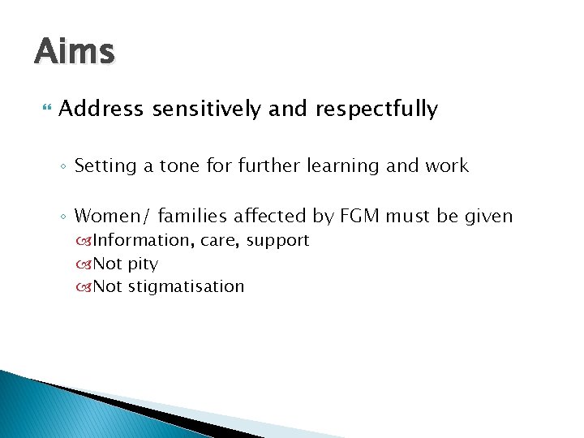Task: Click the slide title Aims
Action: click(75, 51)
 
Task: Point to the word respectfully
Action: click(376, 109)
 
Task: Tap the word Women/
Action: click(113, 216)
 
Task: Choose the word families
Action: click(191, 216)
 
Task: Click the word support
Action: click(277, 241)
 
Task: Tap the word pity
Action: click(143, 264)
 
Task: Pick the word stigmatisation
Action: click(186, 286)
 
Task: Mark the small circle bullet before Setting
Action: click(65, 167)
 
